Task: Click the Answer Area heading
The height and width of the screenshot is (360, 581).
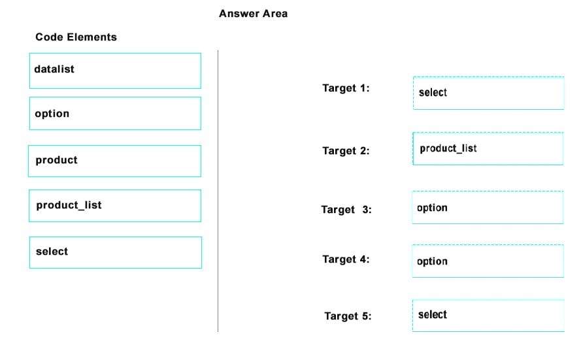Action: pos(253,14)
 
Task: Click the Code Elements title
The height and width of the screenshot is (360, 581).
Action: pos(76,37)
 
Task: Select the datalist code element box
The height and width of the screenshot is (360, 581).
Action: pos(115,71)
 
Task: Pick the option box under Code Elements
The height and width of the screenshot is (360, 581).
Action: pos(115,113)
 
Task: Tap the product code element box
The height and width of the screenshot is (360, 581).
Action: pos(114,161)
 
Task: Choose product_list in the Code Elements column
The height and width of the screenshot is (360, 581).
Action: pos(115,206)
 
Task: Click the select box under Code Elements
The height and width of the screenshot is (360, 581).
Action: pos(116,253)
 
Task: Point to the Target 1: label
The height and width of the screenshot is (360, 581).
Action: pos(346,88)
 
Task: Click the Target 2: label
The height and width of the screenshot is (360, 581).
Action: pos(346,151)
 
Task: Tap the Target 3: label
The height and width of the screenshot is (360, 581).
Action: pos(346,210)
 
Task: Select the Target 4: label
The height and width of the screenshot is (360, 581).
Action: pos(346,259)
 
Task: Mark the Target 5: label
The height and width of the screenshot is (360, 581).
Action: pos(348,316)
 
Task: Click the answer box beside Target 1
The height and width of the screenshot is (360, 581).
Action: pos(489,93)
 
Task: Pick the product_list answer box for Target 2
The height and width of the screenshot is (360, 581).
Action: pos(488,148)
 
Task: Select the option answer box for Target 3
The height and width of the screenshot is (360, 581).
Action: pos(488,207)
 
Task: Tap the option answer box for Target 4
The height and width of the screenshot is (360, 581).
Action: pos(488,261)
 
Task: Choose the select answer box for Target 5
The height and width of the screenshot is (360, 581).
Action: pos(488,316)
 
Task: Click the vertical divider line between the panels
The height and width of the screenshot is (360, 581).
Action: pos(218,191)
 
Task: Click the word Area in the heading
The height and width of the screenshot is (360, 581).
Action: pos(274,14)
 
